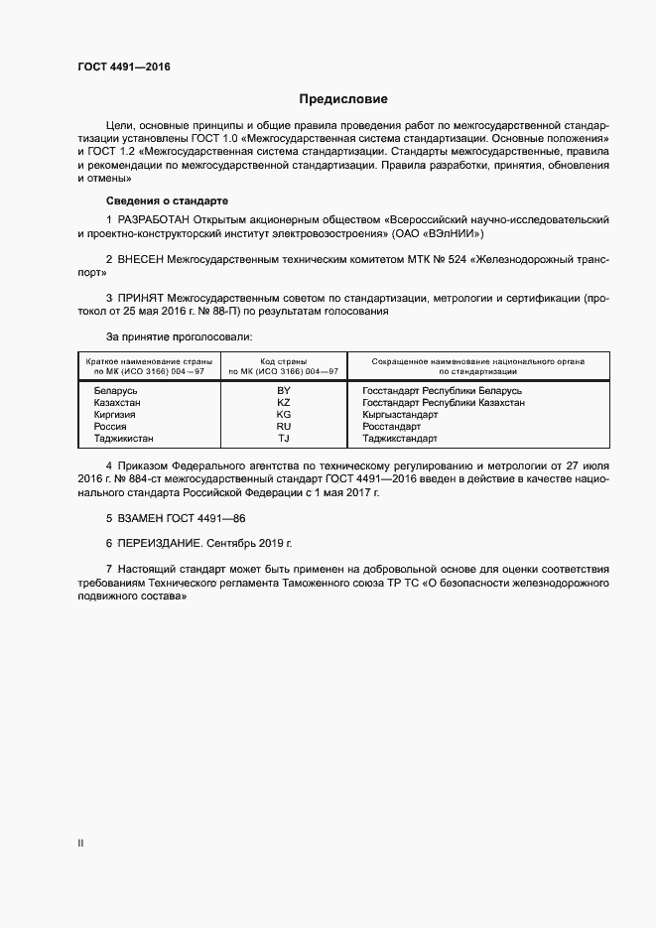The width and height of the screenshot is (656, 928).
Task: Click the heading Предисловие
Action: coord(343,99)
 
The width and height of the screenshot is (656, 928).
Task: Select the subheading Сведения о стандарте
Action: coord(167,199)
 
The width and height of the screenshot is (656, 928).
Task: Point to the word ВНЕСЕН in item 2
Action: coord(142,258)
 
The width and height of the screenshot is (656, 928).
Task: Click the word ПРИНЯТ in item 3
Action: coord(141,297)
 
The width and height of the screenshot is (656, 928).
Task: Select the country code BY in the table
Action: coord(284,390)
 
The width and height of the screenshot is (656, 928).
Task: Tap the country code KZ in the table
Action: coord(284,402)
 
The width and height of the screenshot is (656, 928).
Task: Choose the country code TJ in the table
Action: coord(284,438)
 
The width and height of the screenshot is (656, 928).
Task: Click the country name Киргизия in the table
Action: coord(115,414)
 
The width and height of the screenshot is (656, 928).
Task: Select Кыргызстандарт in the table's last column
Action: coord(400,414)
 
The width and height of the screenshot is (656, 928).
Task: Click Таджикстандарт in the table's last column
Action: coord(400,438)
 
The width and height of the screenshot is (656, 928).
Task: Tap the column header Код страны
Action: coord(284,361)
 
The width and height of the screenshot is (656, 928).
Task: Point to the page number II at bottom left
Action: coord(80,843)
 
